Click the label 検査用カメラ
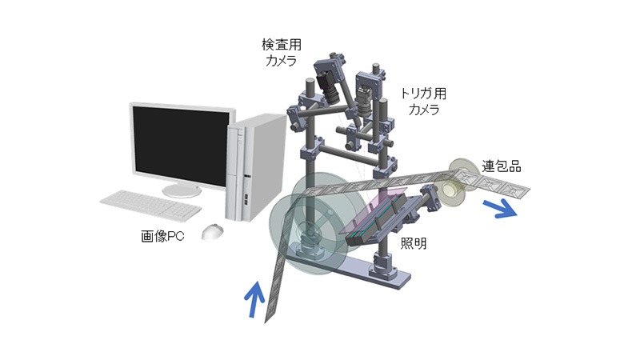282,52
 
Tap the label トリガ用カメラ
424,102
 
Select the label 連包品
502,166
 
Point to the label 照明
414,243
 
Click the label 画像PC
162,236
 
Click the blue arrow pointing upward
254,298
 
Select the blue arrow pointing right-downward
500,209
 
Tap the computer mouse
212,232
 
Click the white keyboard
150,206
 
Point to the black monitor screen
182,146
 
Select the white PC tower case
255,167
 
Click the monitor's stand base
182,191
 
